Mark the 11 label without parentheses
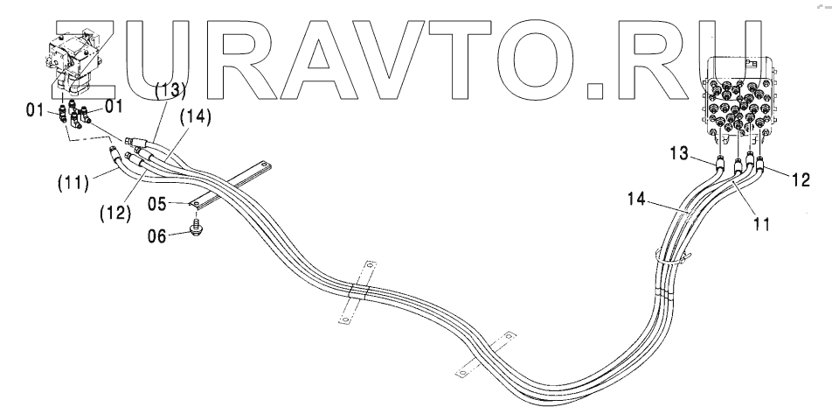[x=761, y=224]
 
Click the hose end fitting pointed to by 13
[x=718, y=161]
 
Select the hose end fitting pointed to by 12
[x=759, y=162]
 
